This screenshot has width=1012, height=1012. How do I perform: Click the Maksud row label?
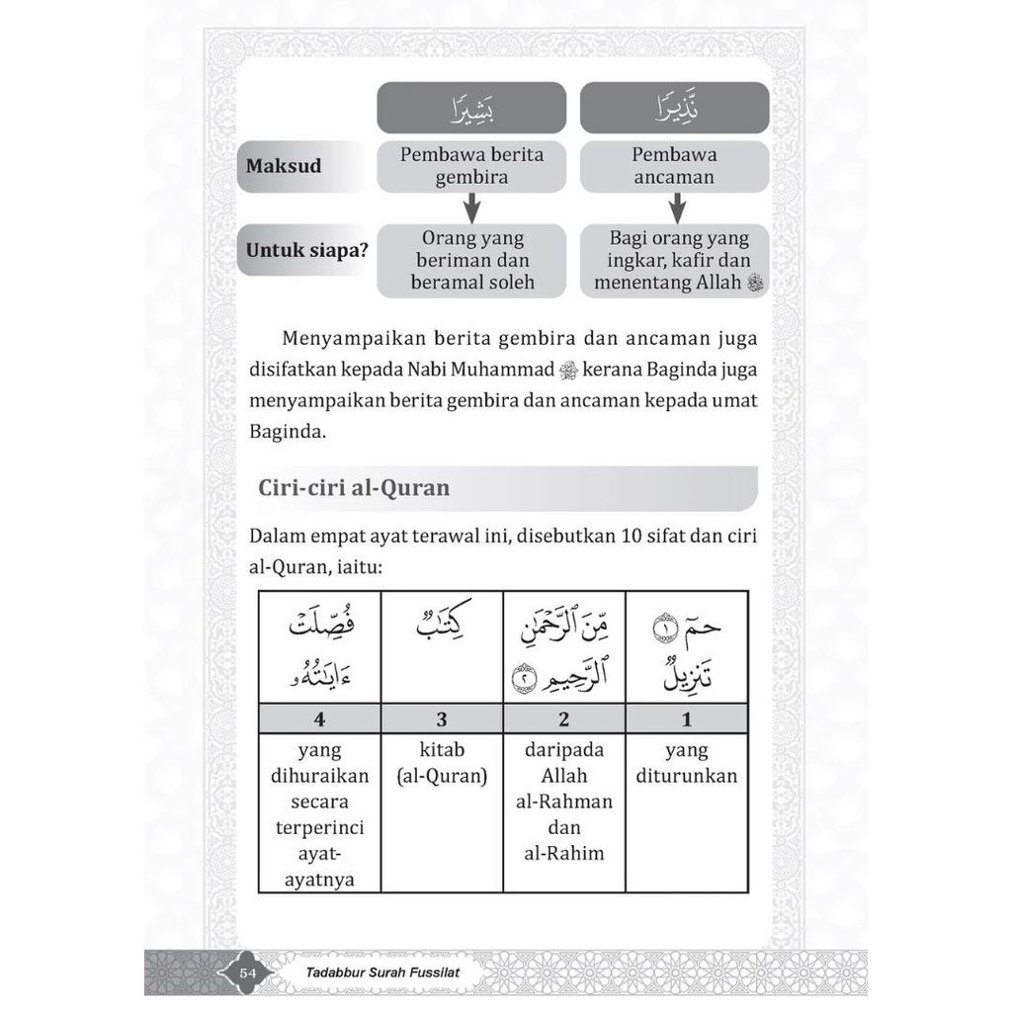click(x=284, y=166)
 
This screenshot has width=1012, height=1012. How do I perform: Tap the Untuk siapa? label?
click(x=306, y=250)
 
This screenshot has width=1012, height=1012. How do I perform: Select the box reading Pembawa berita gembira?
click(x=471, y=166)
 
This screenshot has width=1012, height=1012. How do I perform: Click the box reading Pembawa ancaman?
click(x=675, y=166)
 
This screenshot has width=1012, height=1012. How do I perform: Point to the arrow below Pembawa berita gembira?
click(x=471, y=208)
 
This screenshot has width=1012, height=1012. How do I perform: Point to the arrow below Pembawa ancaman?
click(x=677, y=208)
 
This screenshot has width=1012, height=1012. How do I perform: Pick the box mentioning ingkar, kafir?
click(x=675, y=261)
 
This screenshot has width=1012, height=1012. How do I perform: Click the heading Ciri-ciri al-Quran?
click(x=354, y=488)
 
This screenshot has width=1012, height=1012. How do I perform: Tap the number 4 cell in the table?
click(x=319, y=718)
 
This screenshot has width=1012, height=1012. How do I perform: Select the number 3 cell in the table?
click(x=442, y=718)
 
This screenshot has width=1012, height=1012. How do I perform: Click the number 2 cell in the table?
click(x=564, y=718)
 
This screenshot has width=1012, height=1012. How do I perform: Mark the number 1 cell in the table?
click(x=686, y=718)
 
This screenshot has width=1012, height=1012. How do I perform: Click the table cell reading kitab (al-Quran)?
click(x=442, y=763)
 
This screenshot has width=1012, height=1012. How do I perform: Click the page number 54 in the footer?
click(x=248, y=973)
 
